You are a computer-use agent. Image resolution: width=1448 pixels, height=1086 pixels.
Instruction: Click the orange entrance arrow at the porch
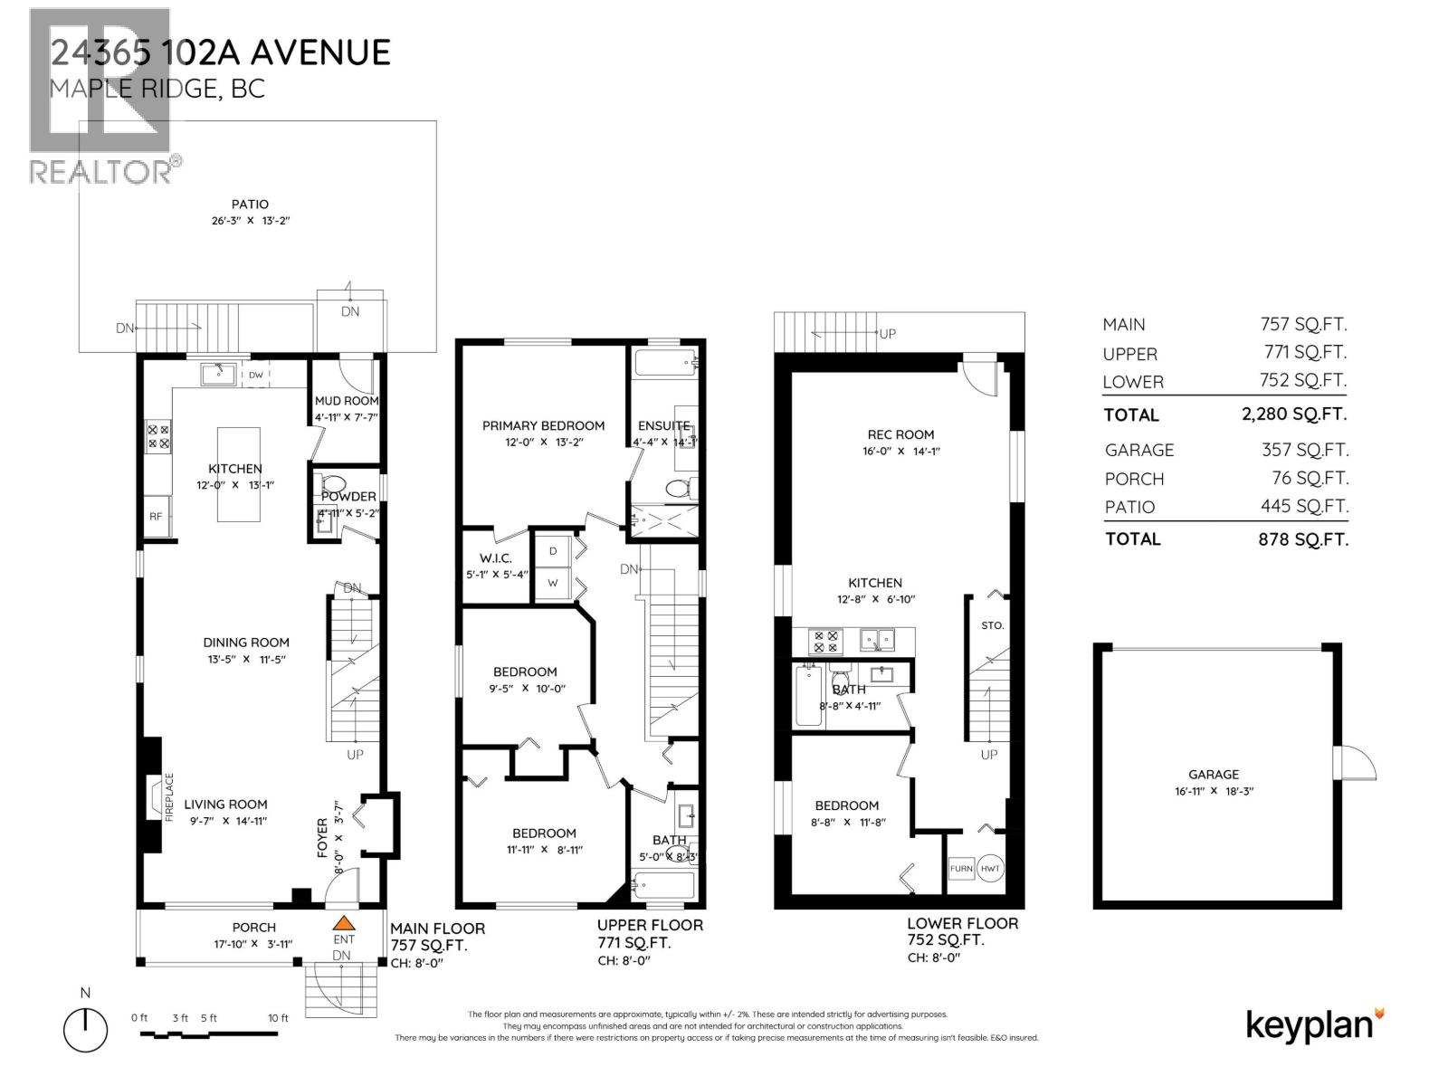[343, 923]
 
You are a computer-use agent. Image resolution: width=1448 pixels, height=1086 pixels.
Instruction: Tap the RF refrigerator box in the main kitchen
[157, 517]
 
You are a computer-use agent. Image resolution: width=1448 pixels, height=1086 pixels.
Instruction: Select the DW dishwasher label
[256, 375]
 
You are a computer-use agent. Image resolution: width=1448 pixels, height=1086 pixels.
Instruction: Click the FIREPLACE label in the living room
[168, 797]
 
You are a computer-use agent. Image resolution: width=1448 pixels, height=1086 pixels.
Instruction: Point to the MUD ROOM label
[346, 401]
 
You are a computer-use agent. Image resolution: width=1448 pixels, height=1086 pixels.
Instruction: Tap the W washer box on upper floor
[552, 584]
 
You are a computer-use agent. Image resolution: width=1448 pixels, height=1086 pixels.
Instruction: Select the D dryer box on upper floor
[552, 551]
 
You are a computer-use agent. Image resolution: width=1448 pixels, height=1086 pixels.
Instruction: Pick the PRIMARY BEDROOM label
[543, 425]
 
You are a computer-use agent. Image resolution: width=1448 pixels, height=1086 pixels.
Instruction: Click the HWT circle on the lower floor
[990, 868]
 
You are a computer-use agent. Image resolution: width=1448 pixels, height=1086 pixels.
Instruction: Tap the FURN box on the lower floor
[960, 869]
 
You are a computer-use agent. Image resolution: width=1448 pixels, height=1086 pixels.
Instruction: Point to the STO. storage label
[992, 625]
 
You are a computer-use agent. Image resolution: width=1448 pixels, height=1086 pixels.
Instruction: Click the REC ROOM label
[900, 434]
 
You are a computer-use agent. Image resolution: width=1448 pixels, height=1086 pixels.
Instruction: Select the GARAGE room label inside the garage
[1214, 775]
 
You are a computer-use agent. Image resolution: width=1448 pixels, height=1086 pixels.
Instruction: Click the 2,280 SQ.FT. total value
[1293, 414]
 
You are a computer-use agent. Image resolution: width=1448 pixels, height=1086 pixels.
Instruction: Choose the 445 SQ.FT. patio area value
[1304, 507]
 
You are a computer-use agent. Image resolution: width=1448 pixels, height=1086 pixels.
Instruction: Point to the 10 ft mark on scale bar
[279, 1018]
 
